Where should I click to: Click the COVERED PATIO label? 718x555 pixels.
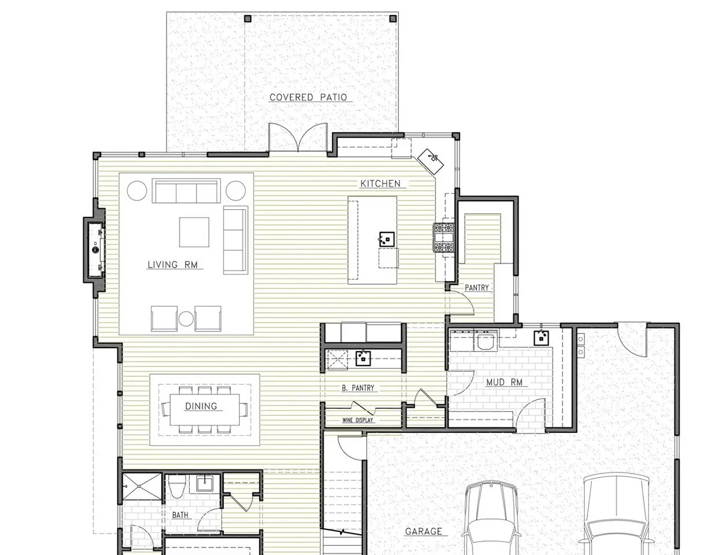point(308,98)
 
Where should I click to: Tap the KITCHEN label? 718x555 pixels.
point(380,184)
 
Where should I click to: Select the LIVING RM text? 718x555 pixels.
point(172,265)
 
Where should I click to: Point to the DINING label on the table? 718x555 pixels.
point(201,406)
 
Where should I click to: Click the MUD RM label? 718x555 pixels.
point(504,382)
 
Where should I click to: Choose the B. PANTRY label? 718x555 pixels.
point(358,388)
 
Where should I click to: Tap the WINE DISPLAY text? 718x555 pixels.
point(357,420)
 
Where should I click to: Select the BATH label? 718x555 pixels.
point(180,515)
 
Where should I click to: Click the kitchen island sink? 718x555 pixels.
point(387,239)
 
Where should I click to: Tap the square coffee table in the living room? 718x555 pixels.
point(194,232)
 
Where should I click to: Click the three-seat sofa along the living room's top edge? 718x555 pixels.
point(186,191)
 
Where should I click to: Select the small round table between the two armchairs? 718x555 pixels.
point(186,319)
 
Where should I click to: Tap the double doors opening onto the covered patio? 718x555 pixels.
point(298,138)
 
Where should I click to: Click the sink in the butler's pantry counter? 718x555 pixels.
point(363,358)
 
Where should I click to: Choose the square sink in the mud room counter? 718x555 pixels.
point(541,338)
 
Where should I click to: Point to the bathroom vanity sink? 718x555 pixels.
point(205,484)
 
